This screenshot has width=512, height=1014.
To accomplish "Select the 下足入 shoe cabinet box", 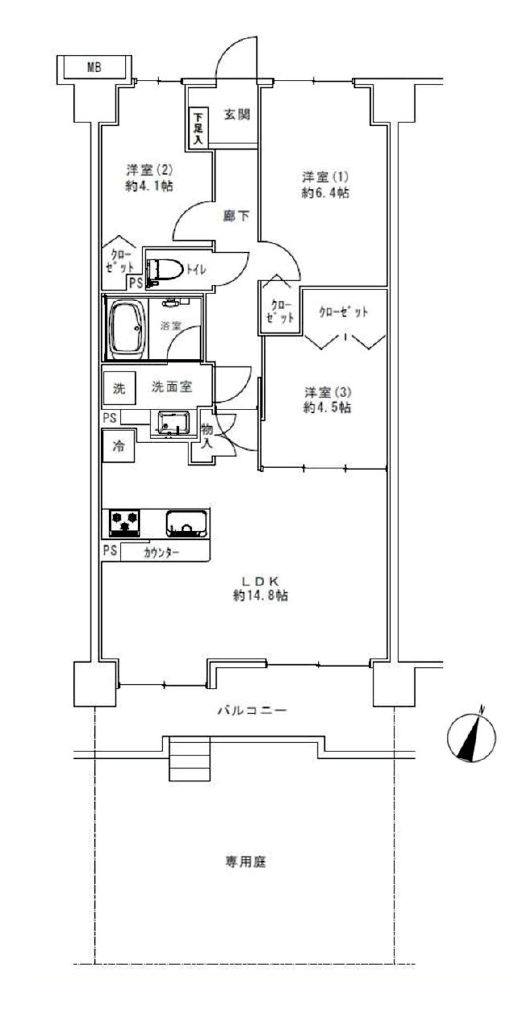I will pos(198,128).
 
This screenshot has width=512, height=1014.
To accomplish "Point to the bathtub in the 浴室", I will pos(126,329).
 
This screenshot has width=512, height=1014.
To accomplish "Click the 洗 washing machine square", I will pos(119,388).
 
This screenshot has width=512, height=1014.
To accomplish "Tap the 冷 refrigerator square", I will pos(118,446).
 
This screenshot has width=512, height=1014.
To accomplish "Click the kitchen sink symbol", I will pos(186,524).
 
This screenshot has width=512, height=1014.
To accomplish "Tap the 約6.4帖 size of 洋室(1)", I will pos(325,193).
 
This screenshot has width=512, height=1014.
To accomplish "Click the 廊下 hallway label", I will pos(236,216).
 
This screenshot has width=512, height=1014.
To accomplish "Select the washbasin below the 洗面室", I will pos(173,423).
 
